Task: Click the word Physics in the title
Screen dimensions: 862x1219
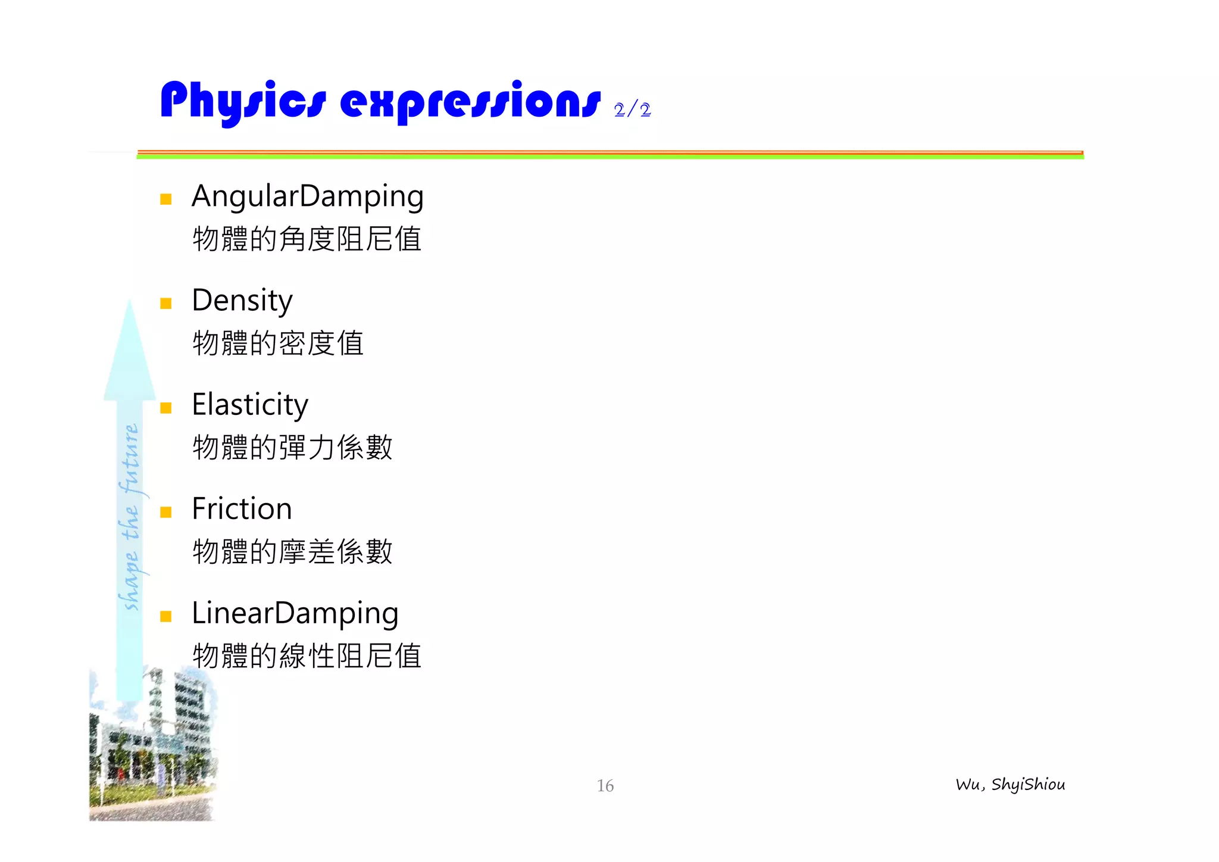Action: click(x=243, y=101)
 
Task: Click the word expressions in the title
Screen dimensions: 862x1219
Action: click(x=470, y=101)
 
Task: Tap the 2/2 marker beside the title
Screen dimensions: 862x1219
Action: click(x=632, y=110)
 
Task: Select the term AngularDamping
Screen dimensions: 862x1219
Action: click(x=307, y=196)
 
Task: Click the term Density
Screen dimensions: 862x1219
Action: click(x=242, y=301)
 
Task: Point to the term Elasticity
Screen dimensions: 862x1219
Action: click(x=250, y=405)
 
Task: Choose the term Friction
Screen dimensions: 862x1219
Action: click(x=242, y=509)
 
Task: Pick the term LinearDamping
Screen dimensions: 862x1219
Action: click(x=295, y=613)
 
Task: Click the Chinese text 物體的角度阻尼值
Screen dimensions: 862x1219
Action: click(x=307, y=239)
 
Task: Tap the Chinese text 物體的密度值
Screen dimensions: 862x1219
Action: click(x=278, y=343)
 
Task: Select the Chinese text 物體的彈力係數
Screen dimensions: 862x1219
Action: click(x=292, y=448)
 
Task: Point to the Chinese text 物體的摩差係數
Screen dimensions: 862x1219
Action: click(x=292, y=552)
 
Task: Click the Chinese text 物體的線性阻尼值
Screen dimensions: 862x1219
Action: click(x=307, y=656)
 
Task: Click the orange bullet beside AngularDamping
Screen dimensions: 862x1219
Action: click(x=166, y=199)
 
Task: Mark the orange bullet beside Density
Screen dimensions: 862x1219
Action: click(x=166, y=304)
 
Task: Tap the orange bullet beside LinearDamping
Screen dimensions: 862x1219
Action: click(x=166, y=616)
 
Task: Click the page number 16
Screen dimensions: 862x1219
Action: click(x=605, y=786)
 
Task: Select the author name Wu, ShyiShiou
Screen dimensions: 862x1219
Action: click(x=1010, y=785)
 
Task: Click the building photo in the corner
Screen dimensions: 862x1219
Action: click(x=152, y=750)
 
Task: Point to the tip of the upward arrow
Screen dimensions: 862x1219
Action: click(x=130, y=302)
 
